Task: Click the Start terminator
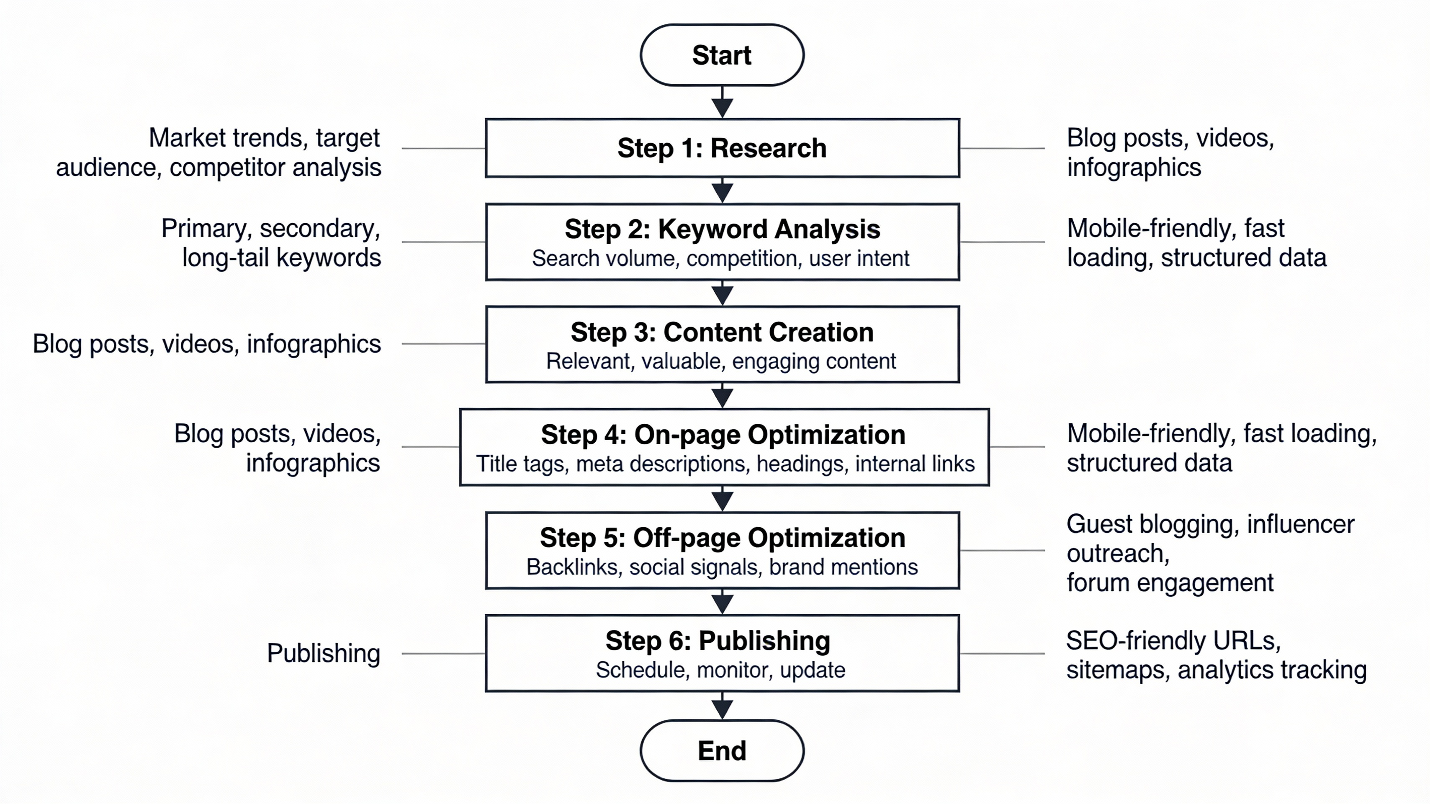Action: [722, 55]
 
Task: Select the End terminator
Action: [722, 751]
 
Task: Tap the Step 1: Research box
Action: [722, 148]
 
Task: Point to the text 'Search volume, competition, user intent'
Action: [720, 259]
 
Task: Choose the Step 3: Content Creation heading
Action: [722, 332]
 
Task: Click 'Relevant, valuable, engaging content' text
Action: [720, 361]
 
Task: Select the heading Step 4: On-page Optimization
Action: [723, 435]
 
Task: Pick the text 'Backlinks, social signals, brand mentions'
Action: [722, 567]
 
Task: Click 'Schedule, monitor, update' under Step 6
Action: [720, 670]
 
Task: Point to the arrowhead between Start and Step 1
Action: [722, 108]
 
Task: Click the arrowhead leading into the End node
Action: [722, 709]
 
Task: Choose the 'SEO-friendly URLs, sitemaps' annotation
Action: [1216, 655]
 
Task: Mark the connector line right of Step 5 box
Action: [1002, 550]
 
